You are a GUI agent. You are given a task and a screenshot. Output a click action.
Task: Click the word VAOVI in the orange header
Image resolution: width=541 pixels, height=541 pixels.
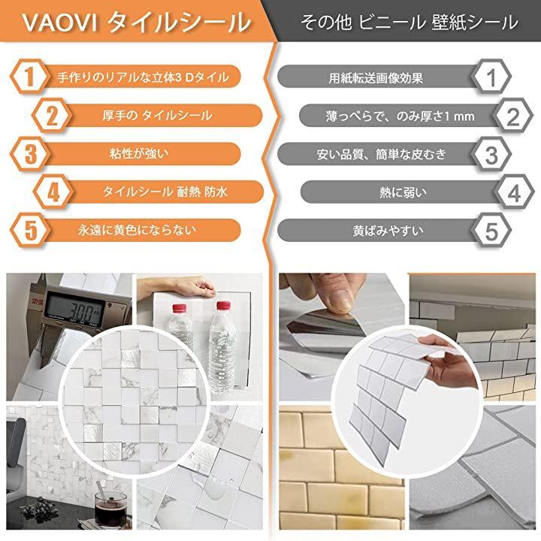click(60, 23)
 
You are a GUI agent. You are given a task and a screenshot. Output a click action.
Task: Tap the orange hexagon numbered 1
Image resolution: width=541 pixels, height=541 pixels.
click(29, 77)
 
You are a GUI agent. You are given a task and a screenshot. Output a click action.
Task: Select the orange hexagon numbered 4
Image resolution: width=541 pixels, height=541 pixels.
click(53, 192)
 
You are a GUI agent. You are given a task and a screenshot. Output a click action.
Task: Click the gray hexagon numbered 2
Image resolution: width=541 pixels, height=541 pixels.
click(513, 116)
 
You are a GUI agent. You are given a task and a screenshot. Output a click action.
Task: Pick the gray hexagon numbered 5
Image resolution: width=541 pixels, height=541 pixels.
click(491, 231)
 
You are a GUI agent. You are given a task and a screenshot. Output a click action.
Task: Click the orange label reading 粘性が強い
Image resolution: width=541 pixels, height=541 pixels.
click(140, 153)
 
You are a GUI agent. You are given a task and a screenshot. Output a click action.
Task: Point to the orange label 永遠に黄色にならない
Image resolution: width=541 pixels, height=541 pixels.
click(137, 230)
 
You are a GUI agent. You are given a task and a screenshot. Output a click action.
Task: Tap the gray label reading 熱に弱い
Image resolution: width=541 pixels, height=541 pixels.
click(403, 192)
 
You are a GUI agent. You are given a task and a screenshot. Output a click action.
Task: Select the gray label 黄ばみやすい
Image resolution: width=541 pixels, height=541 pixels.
click(388, 231)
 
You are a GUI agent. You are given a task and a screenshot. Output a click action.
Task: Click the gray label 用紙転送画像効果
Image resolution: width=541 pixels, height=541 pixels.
click(376, 78)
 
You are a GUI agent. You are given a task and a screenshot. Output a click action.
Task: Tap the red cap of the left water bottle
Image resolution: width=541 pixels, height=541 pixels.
click(179, 309)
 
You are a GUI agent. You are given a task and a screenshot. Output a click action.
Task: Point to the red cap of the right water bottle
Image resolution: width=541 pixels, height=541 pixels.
click(223, 306)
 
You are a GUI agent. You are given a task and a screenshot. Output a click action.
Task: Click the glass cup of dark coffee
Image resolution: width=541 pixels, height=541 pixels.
click(110, 509)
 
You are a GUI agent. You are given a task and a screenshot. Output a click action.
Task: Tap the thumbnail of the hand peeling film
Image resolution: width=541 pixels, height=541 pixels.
click(341, 337)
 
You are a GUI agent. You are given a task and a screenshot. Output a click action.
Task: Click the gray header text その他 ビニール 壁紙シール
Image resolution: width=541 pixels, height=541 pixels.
click(410, 22)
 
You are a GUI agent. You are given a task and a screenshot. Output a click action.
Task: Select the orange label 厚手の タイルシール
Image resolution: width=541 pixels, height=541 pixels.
click(157, 115)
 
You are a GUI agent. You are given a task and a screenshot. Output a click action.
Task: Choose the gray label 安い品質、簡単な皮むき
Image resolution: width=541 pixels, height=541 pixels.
click(382, 154)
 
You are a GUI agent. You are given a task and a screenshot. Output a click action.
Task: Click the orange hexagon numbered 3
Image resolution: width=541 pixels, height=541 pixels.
click(29, 154)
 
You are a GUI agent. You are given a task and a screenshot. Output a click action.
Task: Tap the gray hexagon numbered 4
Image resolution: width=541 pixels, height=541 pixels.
click(514, 192)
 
